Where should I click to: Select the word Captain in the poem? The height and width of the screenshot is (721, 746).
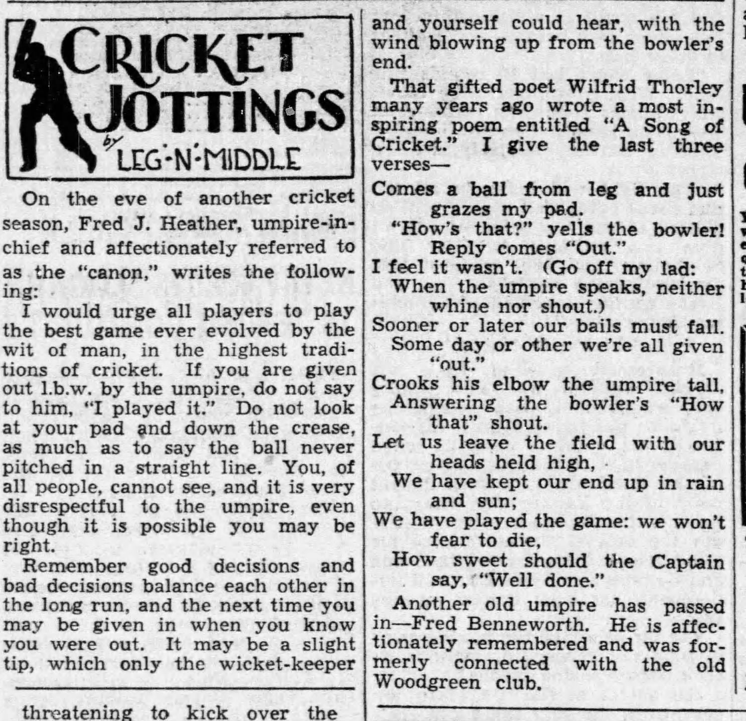click(x=687, y=561)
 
